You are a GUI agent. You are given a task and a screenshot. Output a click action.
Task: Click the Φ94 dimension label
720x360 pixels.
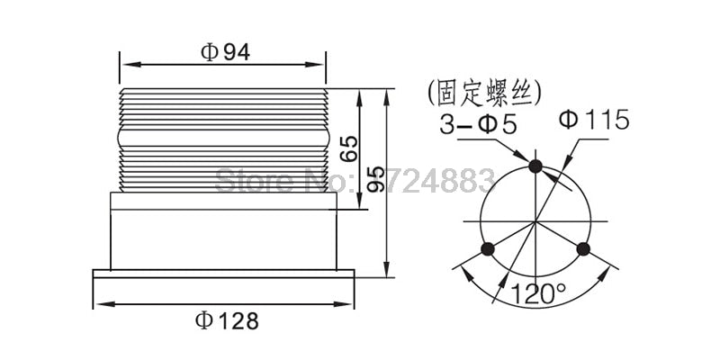coord(224,51)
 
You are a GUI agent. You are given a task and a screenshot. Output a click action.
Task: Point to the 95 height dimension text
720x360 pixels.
coord(377,178)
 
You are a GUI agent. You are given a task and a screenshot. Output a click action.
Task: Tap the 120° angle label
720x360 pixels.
coord(538,293)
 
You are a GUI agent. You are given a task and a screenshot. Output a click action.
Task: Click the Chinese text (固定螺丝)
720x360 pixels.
coord(485,92)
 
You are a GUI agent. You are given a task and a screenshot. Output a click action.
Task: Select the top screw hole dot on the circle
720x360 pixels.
coord(535,166)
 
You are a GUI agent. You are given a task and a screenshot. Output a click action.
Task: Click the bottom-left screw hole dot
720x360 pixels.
coord(488,248)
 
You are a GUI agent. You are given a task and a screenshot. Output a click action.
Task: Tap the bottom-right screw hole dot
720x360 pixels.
coord(583,248)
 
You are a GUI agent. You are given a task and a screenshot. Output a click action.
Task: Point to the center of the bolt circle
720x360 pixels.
coord(535,221)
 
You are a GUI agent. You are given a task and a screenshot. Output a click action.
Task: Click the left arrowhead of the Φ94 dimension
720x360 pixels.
coord(125,65)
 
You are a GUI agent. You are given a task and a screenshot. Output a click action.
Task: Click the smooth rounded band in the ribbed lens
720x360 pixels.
coord(224,138)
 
